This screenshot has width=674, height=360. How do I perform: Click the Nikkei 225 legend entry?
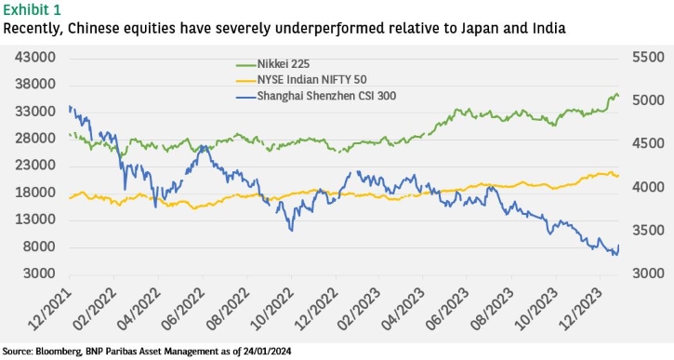(x=272, y=64)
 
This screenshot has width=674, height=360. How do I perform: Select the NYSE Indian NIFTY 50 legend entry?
(x=301, y=80)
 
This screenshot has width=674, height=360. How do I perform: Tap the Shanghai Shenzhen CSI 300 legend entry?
(x=316, y=96)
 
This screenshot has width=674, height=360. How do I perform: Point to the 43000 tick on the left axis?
(x=35, y=57)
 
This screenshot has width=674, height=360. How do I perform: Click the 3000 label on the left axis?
(x=39, y=273)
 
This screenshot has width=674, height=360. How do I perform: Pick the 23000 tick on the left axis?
(x=35, y=166)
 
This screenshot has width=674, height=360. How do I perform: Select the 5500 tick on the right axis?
(x=648, y=57)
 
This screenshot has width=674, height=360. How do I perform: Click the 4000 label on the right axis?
(x=648, y=187)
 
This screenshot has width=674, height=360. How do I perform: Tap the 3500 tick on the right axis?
(x=648, y=230)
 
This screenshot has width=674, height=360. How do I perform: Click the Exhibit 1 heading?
(x=33, y=9)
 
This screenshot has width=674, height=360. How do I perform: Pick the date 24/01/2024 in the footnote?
(x=269, y=351)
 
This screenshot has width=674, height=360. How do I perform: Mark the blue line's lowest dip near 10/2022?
(x=292, y=231)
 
